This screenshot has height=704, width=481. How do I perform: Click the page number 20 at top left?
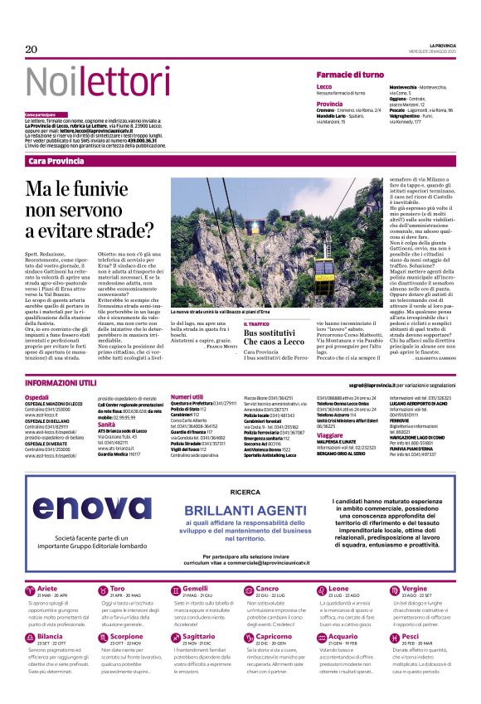pyautogui.click(x=32, y=50)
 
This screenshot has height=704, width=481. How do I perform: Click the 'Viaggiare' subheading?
pyautogui.click(x=330, y=435)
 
